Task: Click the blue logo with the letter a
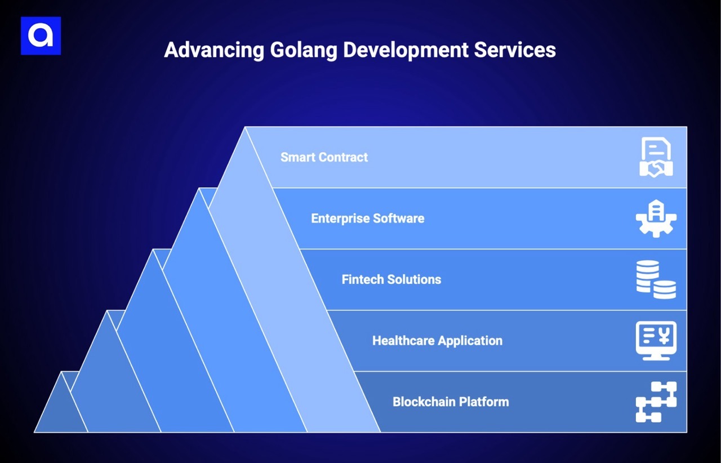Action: pos(41,36)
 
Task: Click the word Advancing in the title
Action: pos(213,50)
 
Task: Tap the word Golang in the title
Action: pos(303,50)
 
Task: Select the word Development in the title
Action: pos(405,50)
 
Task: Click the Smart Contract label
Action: pos(324,157)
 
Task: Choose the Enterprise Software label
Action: pos(367,219)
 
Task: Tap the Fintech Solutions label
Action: pos(391,279)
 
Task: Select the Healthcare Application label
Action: pos(437,341)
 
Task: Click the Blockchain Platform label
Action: pos(451,402)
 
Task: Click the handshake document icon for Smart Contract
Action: pos(656,157)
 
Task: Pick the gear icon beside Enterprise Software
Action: pos(656,219)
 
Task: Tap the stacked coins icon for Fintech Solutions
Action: pos(656,279)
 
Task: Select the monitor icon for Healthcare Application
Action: pos(656,341)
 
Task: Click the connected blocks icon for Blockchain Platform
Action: pos(656,402)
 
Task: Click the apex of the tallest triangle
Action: pos(245,128)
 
